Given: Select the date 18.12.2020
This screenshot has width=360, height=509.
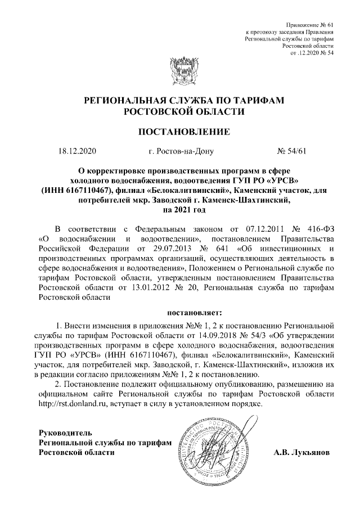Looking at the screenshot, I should click(x=78, y=151).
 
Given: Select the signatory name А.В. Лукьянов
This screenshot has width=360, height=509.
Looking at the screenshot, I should click(x=302, y=452).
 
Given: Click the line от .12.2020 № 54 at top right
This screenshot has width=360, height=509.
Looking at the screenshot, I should click(x=312, y=53).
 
